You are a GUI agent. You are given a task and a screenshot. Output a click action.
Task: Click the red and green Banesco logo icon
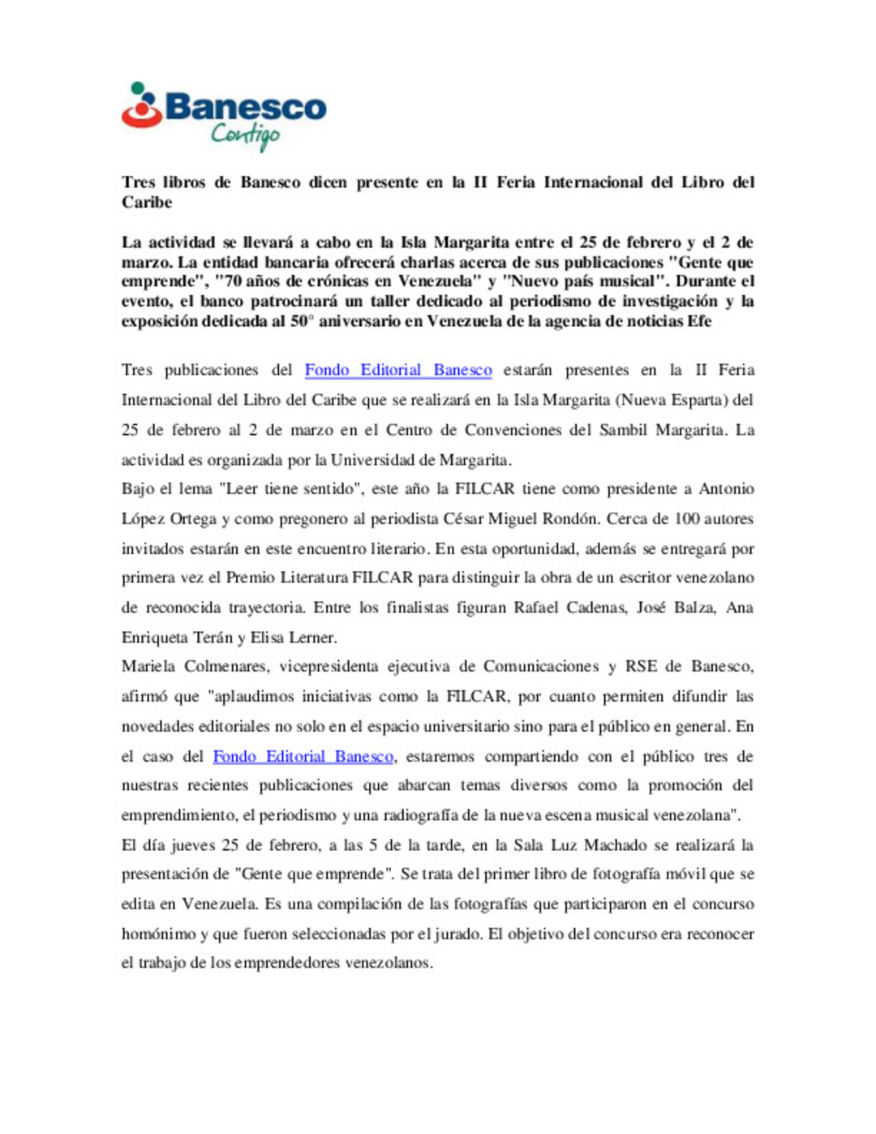pos(142,105)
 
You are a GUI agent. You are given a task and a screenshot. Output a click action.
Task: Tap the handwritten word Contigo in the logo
pos(245,135)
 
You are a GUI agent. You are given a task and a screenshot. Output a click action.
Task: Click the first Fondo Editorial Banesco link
pos(398,370)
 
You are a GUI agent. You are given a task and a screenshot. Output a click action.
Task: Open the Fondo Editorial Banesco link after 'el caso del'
pos(303,756)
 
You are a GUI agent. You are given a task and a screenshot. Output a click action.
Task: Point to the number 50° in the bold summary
pos(301,321)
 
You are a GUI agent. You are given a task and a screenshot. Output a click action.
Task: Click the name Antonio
pos(727,489)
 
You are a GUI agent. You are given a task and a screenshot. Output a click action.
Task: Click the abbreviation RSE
pos(641,667)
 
